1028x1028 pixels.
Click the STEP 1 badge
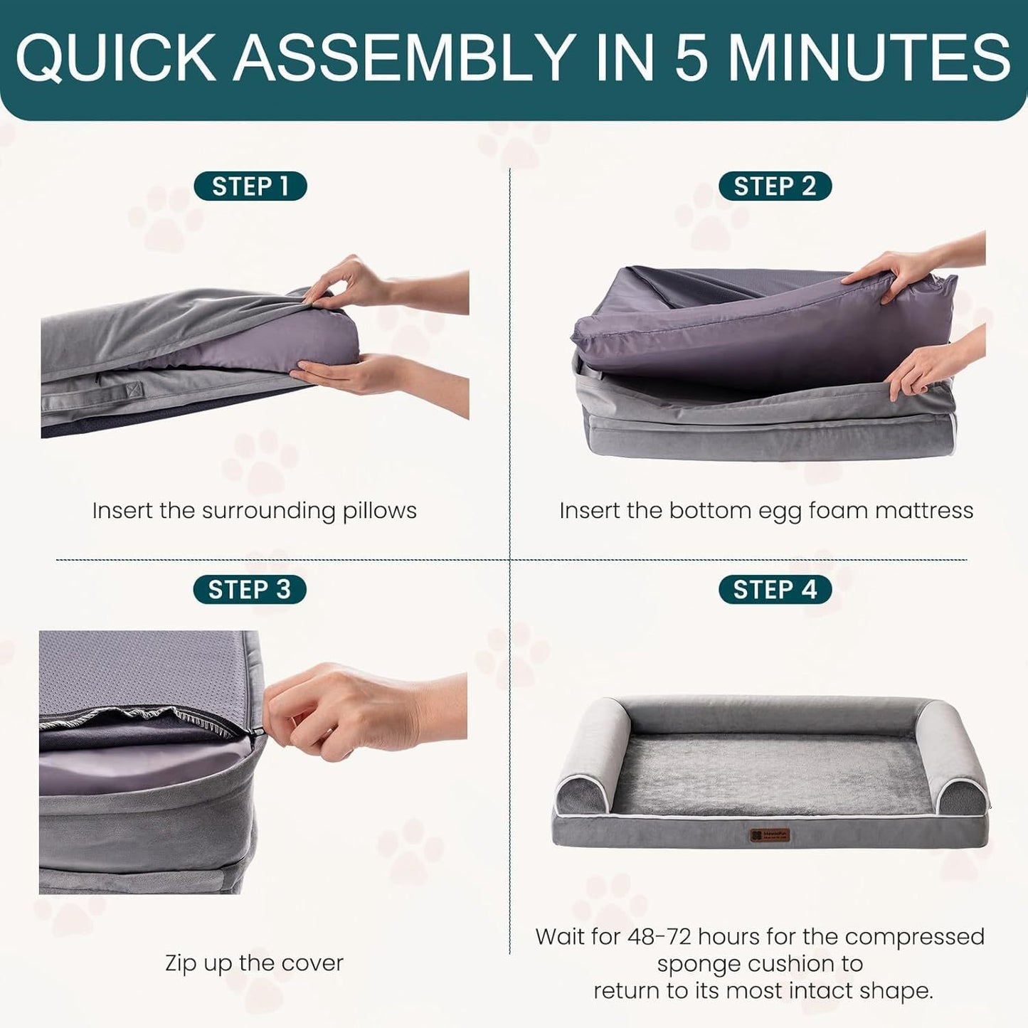[250, 186]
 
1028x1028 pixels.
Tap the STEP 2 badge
[774, 186]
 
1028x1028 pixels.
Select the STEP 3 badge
[249, 590]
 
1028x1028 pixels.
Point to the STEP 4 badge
[774, 590]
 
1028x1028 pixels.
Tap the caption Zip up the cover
[254, 963]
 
